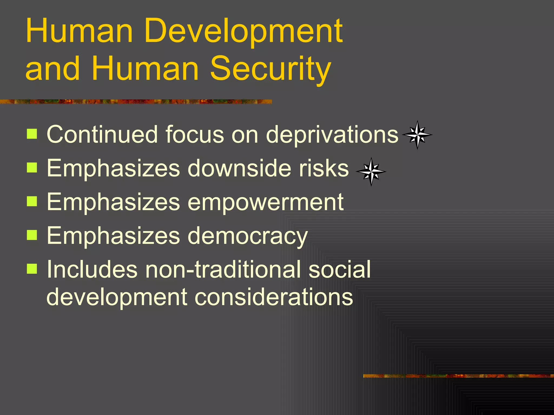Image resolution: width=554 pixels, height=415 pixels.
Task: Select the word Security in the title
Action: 270,69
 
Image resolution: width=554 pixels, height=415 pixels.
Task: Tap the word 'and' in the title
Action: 53,69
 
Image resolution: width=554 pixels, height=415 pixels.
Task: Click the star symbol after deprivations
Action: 417,135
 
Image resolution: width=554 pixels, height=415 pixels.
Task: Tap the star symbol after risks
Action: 371,172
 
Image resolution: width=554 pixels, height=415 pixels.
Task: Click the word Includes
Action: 92,269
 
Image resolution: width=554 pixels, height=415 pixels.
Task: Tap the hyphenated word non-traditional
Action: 222,269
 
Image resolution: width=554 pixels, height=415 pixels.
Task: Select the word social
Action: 339,269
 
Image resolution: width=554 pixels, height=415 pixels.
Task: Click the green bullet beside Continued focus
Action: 32,134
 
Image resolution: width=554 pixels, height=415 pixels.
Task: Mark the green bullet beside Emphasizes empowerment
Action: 32,201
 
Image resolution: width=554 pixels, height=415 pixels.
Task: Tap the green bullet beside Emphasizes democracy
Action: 32,235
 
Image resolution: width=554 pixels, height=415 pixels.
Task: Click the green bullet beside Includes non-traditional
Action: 32,269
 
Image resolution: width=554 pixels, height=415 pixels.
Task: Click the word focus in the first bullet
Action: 194,134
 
